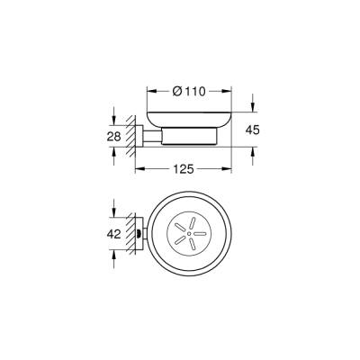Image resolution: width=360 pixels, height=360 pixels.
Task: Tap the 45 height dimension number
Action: (x=253, y=131)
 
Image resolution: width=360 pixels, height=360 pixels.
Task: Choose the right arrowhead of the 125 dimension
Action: (x=231, y=167)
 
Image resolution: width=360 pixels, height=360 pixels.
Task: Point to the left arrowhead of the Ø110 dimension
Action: (x=148, y=92)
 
